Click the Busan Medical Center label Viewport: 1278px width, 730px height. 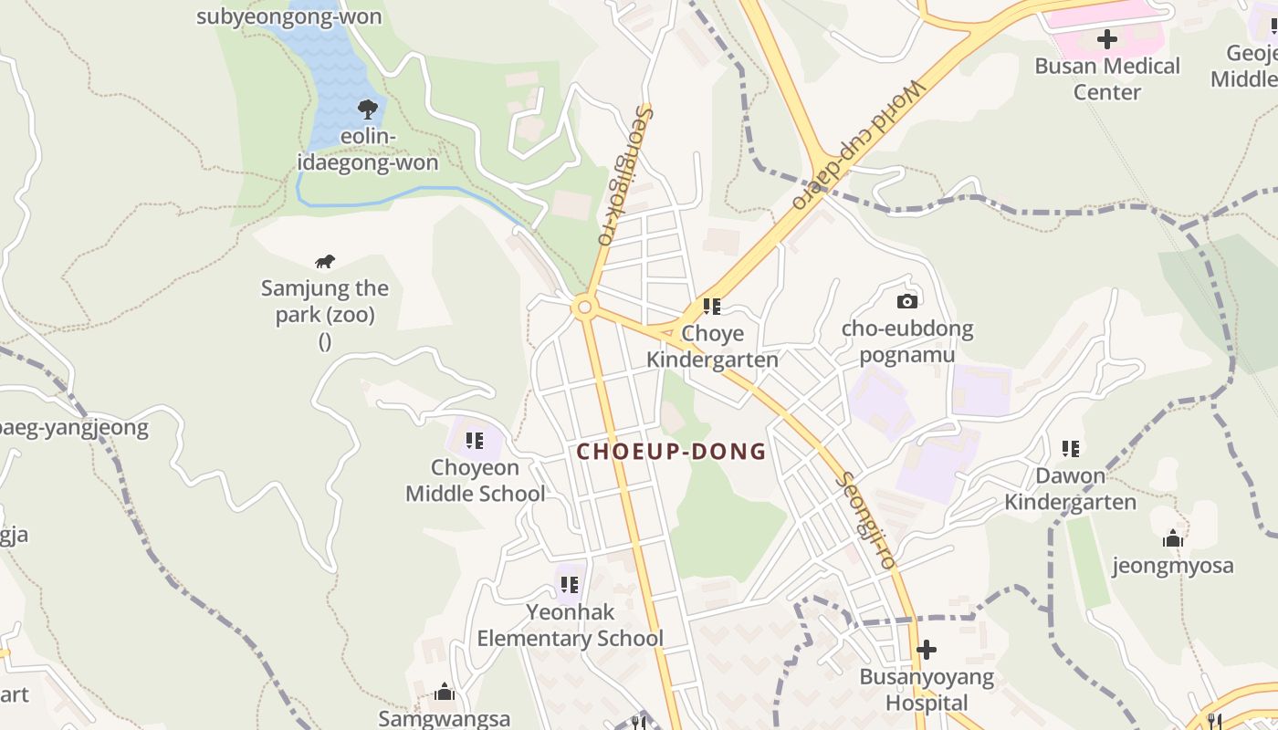pos(1106,78)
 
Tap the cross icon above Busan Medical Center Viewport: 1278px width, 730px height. pos(1106,39)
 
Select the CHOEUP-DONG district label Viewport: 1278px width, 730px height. pos(671,452)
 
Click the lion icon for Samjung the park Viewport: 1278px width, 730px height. pos(325,262)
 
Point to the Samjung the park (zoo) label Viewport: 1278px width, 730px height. pos(325,303)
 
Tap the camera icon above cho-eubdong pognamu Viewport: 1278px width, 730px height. pos(906,301)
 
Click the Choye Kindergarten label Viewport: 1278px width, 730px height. pos(712,346)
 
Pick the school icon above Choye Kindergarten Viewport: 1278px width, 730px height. pos(712,307)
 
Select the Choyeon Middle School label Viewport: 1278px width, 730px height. pos(475,481)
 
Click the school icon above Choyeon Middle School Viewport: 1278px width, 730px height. pos(475,441)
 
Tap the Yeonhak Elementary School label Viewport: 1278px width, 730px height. pos(570,624)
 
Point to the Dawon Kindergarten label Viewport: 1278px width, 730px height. pos(1070,488)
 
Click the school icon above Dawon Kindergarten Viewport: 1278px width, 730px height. pos(1070,448)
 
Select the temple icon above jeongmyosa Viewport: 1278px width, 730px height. pos(1173,538)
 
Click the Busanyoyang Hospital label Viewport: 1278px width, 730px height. pos(927,690)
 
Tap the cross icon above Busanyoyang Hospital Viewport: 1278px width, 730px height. pos(927,650)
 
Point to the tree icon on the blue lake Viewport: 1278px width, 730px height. pos(368,109)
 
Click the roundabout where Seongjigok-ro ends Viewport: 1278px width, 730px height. pos(584,308)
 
